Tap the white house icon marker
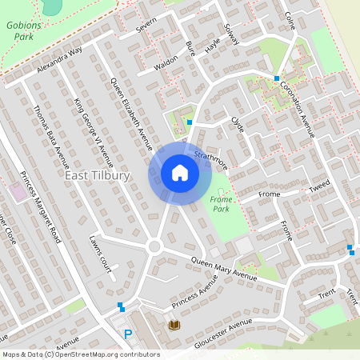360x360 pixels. point(180,173)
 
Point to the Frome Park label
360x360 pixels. point(220,203)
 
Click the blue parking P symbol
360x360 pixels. point(127,334)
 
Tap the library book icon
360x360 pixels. point(174,324)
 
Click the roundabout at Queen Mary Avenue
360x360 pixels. point(154,246)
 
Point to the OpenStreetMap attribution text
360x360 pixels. point(80,354)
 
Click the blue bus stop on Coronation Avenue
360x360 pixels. point(277,78)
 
